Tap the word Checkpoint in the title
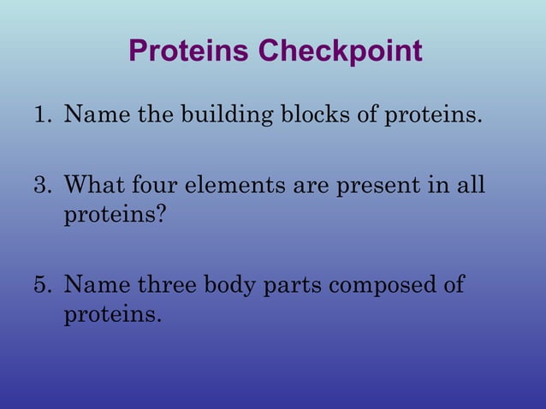coord(341,51)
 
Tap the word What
coord(96,185)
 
